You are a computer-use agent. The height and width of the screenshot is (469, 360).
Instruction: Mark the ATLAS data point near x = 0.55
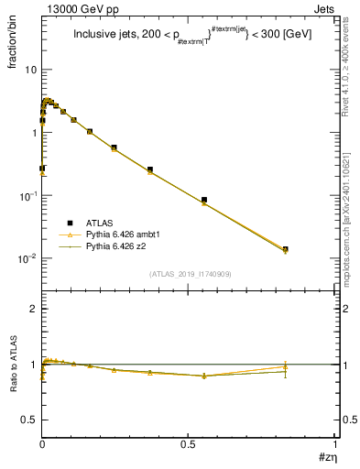coord(204,200)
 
